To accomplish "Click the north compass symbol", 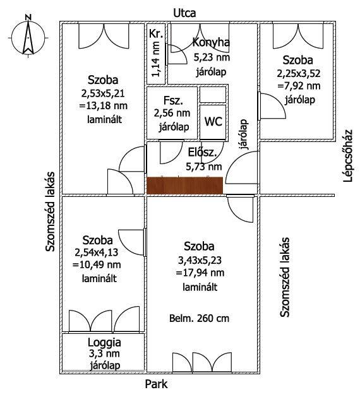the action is tap(28, 37).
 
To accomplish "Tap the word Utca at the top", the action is tap(184, 13).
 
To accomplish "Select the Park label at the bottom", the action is tap(156, 384).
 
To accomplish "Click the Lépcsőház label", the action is tap(348, 156).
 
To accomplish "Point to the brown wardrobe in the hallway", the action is tap(185, 186).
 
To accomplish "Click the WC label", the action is tap(213, 121).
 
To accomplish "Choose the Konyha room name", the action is tap(211, 42).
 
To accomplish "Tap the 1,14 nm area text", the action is tap(155, 59).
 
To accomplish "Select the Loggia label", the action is tap(104, 343).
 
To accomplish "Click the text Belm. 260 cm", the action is tap(199, 318).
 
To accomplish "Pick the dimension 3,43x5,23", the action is tap(200, 260).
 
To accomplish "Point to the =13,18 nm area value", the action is tap(104, 105).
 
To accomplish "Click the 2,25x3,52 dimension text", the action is tap(299, 73).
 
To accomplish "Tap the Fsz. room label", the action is tap(173, 100).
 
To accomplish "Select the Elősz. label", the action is tap(202, 153).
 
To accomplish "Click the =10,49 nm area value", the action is tap(97, 265).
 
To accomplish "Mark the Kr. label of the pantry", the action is tap(156, 33).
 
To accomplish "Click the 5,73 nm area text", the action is tap(204, 167).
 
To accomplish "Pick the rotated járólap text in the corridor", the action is tap(244, 134).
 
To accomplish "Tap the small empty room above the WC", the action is tap(213, 95).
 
